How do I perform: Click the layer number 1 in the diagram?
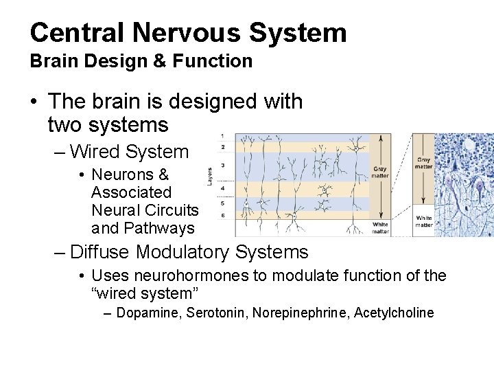coord(222,135)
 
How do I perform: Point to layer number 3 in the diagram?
coord(222,166)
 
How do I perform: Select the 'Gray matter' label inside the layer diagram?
coord(379,172)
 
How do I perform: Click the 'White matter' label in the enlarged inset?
coord(423,221)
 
